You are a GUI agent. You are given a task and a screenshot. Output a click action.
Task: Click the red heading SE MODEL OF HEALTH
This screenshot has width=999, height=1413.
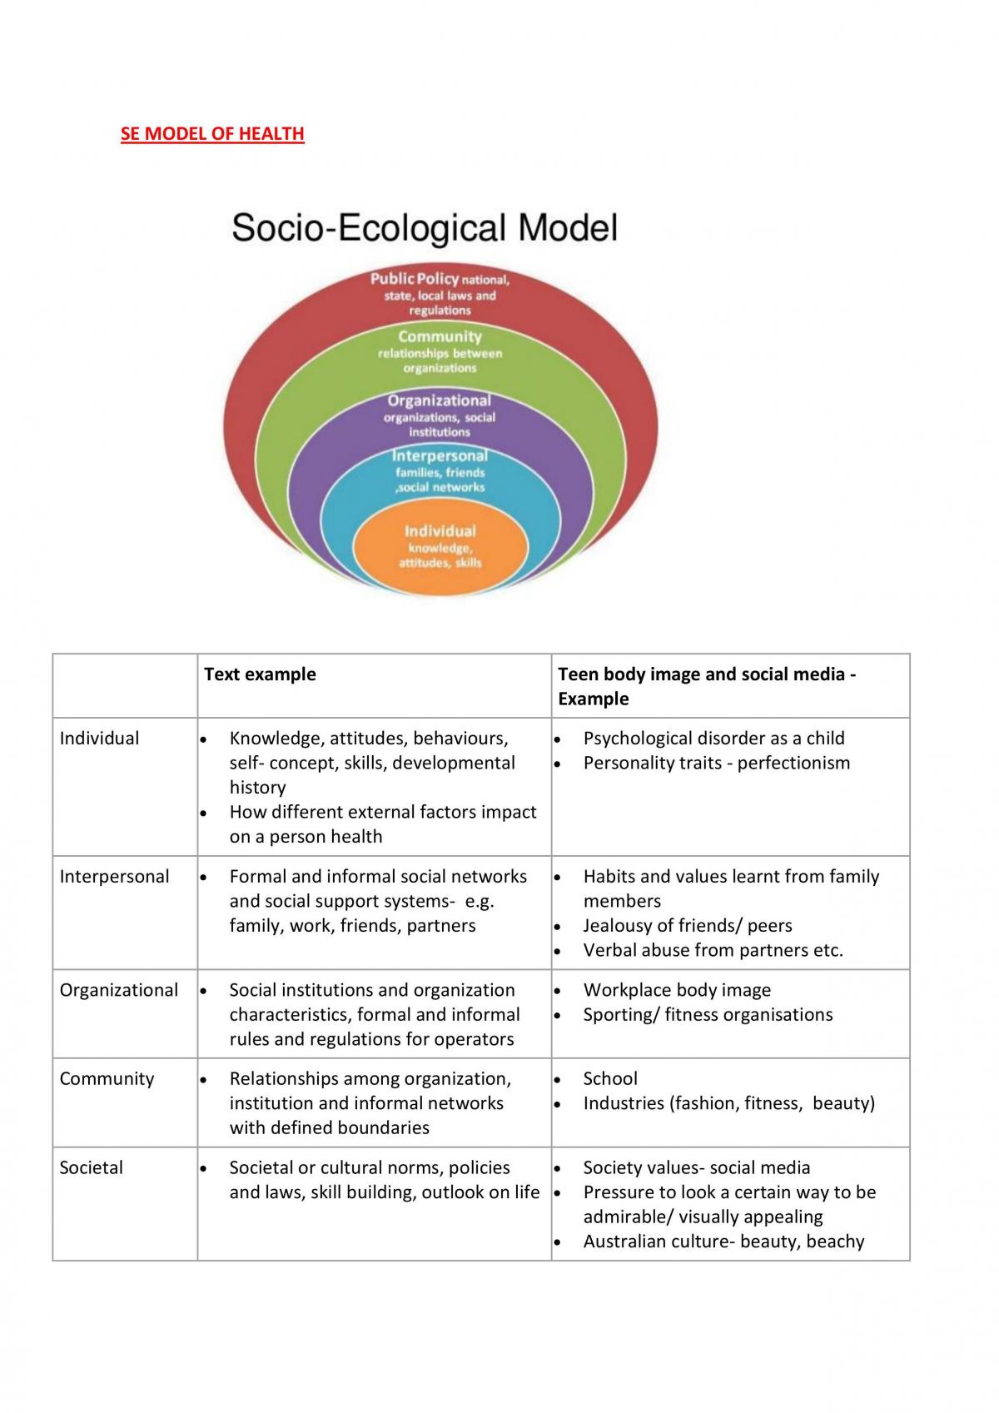pyautogui.click(x=212, y=134)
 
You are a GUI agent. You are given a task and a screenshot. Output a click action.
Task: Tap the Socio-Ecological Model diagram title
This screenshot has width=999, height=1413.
pyautogui.click(x=425, y=227)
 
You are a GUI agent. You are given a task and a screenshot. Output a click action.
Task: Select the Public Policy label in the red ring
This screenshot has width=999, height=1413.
pyautogui.click(x=415, y=278)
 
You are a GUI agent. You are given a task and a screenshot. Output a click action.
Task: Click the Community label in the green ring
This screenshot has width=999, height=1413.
pyautogui.click(x=440, y=336)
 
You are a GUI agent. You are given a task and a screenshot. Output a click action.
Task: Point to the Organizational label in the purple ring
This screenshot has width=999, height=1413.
pyautogui.click(x=439, y=401)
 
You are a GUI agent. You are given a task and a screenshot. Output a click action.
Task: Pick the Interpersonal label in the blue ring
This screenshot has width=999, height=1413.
pyautogui.click(x=440, y=455)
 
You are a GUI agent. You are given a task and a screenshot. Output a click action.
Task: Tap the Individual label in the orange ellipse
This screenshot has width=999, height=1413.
pyautogui.click(x=440, y=531)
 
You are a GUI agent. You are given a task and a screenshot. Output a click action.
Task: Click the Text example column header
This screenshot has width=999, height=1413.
pyautogui.click(x=260, y=674)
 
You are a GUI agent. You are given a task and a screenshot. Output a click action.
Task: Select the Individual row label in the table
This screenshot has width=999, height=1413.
pyautogui.click(x=99, y=738)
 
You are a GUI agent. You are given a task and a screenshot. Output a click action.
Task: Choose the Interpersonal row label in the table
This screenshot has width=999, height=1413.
pyautogui.click(x=114, y=876)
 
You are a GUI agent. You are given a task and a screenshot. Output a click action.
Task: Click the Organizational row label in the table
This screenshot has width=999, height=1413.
pyautogui.click(x=118, y=990)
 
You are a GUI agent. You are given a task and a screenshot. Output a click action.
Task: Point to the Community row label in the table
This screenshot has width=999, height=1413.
pyautogui.click(x=107, y=1078)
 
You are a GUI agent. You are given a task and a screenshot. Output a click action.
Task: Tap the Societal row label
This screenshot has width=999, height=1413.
pyautogui.click(x=91, y=1167)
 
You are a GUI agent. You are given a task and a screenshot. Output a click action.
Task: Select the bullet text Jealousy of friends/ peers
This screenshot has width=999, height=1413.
pyautogui.click(x=688, y=925)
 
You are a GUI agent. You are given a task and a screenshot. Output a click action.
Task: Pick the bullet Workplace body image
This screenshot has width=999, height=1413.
pyautogui.click(x=677, y=990)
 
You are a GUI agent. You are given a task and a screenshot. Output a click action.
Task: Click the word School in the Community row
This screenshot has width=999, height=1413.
pyautogui.click(x=610, y=1078)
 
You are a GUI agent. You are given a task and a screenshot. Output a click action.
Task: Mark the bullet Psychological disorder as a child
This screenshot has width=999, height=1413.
pyautogui.click(x=714, y=738)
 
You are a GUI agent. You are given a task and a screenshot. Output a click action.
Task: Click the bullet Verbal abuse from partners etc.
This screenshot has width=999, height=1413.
pyautogui.click(x=713, y=950)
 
